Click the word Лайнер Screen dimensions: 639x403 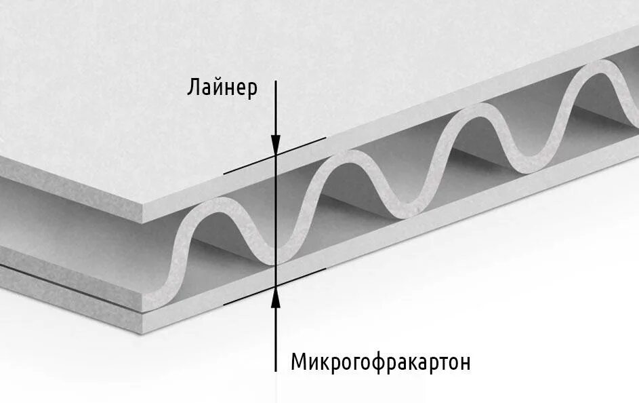pos(222,88)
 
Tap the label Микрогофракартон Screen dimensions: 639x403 pos(380,362)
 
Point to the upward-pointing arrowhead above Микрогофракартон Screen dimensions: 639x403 pos(276,296)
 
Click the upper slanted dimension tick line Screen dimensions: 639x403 pos(274,155)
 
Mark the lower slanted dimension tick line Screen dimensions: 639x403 pos(274,285)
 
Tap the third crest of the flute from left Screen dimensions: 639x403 pos(475,112)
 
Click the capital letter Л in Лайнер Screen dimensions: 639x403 pos(193,88)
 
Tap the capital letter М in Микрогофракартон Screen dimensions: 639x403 pos(299,362)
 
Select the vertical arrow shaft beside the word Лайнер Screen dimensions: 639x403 pos(276,109)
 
